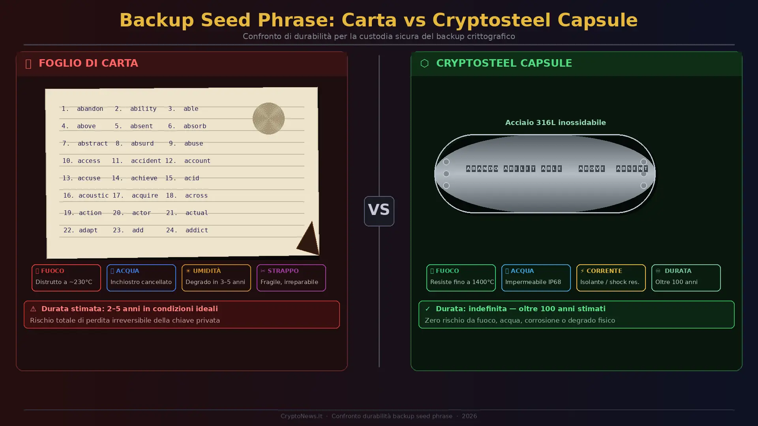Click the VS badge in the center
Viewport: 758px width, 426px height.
pos(379,211)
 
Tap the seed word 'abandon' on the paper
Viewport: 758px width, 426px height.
pos(90,108)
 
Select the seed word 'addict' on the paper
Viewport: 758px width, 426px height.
pos(197,230)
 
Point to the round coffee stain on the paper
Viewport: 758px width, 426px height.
pos(268,118)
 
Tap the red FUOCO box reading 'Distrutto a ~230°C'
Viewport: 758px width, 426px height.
pos(66,277)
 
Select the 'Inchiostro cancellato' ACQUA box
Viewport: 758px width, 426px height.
pos(141,277)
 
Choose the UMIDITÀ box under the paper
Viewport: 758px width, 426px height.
pos(216,277)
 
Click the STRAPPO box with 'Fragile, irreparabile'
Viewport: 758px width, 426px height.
pos(291,277)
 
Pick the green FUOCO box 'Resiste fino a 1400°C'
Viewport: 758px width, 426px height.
pos(461,277)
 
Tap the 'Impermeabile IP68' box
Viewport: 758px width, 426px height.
pos(536,277)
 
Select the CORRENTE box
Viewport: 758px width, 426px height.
pos(611,277)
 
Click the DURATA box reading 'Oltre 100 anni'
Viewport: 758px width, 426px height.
pos(686,277)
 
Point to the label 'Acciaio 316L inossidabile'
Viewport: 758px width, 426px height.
pos(555,122)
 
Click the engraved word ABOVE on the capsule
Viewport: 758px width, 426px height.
pos(591,168)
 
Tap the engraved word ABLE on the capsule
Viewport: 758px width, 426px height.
pos(551,168)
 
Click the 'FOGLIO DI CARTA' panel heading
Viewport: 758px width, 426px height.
pos(88,63)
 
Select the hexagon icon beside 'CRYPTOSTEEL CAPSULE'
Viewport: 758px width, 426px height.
pos(424,63)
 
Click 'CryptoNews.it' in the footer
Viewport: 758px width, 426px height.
pos(301,416)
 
